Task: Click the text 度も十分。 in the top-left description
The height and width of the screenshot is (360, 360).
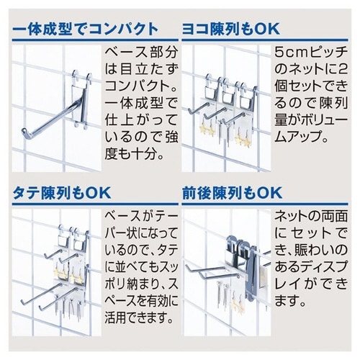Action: (x=134, y=155)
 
